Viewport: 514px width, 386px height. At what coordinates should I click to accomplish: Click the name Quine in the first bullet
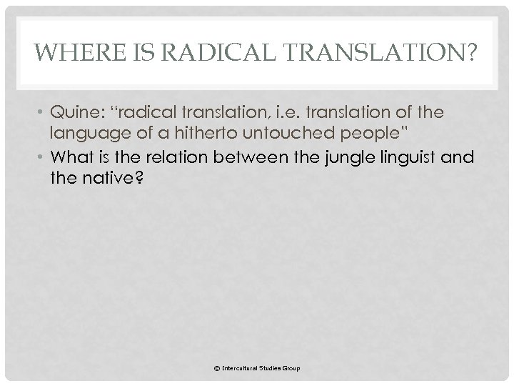click(x=75, y=112)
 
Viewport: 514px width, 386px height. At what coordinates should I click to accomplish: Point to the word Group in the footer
click(x=290, y=368)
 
